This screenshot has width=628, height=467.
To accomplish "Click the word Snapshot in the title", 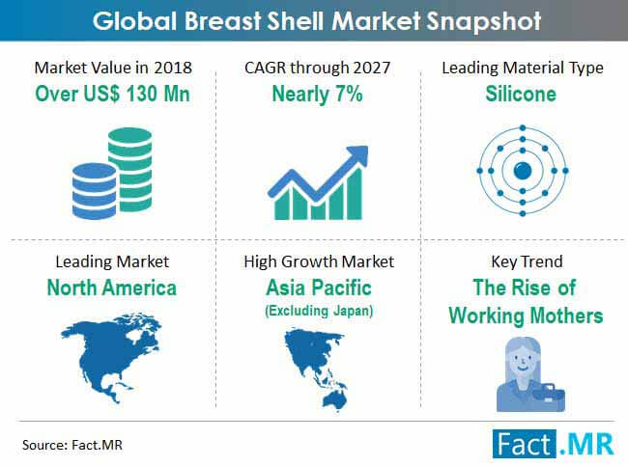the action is point(484,21).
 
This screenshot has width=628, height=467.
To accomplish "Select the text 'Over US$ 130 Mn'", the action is point(112,94).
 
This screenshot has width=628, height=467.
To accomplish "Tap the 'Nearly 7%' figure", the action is point(317,95).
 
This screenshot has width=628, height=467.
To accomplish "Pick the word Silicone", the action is point(521,94).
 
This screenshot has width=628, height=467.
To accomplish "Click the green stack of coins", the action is point(130,169).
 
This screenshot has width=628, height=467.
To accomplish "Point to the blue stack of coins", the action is point(95,191).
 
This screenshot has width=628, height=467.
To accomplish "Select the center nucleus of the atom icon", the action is point(523,171).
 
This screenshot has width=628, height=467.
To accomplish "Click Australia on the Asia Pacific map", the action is point(335,399).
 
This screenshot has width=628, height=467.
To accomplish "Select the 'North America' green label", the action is point(112,288).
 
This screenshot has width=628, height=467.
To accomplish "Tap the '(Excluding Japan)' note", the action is point(319,311).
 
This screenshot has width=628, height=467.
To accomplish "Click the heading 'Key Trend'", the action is point(527,261).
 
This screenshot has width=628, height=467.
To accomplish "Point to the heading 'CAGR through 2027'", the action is point(317,68).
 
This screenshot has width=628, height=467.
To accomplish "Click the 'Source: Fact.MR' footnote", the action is point(72,445).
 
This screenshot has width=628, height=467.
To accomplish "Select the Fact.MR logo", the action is point(553,444).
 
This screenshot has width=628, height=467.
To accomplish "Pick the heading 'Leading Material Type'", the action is point(523,68).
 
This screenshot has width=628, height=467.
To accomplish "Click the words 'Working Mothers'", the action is point(526,316).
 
